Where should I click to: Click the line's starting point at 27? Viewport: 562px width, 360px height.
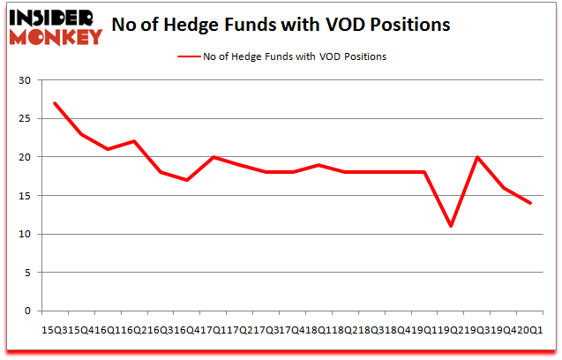55,103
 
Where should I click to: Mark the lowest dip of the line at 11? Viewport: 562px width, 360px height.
451,226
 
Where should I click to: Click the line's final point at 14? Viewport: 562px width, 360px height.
529,203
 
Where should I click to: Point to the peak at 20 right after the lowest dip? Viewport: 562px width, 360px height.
477,157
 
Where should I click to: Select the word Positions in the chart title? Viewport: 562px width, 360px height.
406,25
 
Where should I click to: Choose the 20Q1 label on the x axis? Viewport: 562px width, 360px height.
532,329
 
